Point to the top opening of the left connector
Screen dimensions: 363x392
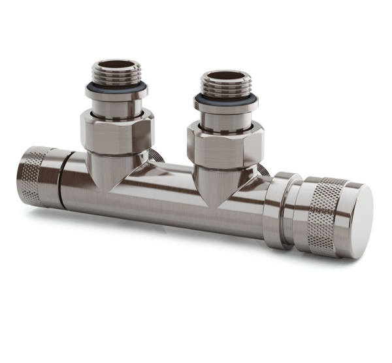pyautogui.click(x=116, y=63)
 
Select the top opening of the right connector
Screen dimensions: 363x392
pyautogui.click(x=225, y=76)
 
